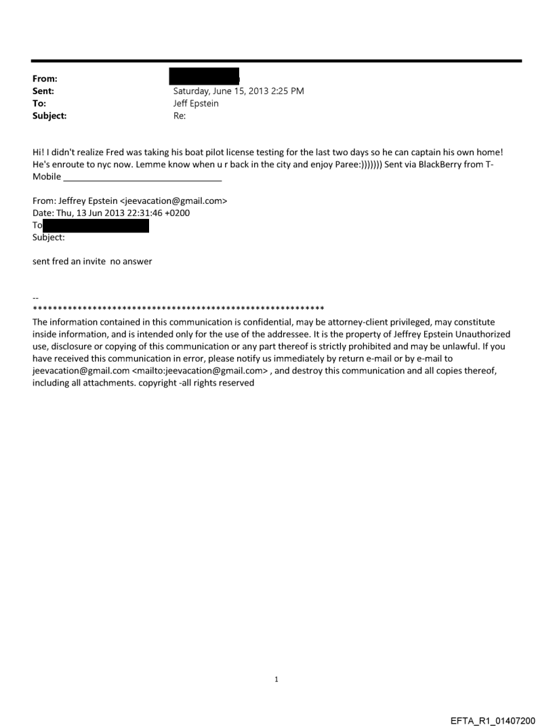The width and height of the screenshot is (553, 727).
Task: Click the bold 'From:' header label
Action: coord(44,79)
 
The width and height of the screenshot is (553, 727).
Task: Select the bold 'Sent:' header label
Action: coord(43,91)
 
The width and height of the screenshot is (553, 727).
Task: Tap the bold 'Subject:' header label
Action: coord(49,116)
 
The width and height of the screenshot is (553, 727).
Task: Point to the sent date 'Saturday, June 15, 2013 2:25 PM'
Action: coord(239,91)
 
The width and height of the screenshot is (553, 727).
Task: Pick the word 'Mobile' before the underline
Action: coord(47,178)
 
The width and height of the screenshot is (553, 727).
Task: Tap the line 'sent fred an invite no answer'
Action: coord(92,262)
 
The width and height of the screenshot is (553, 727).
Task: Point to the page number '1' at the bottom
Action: coord(276,679)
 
